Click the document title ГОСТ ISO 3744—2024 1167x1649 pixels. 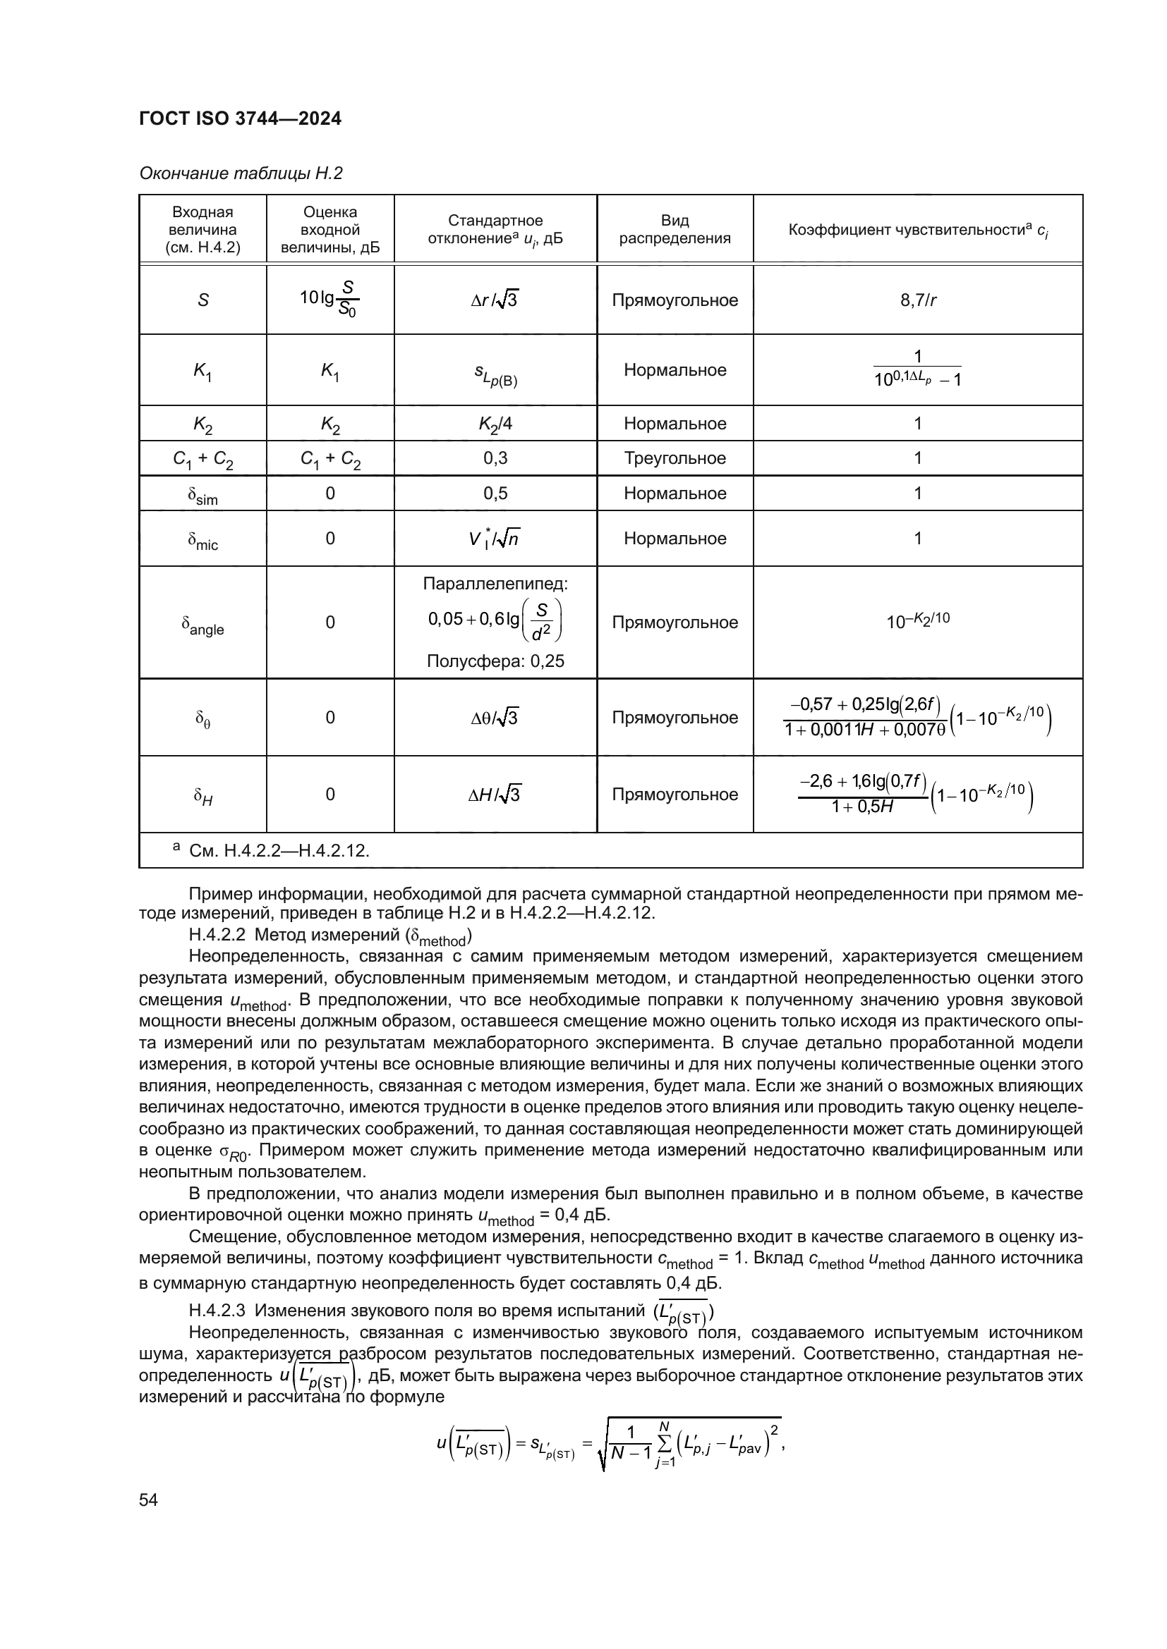pos(240,118)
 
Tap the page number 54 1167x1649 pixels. pos(148,1500)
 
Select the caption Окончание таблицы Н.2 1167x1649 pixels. pos(241,173)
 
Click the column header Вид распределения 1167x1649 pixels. pos(674,229)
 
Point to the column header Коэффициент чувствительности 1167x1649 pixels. pos(918,230)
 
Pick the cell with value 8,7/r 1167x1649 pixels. pos(918,300)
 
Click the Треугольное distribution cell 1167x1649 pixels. pos(674,458)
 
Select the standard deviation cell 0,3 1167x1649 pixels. pos(495,458)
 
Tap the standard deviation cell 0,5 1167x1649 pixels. pos(495,494)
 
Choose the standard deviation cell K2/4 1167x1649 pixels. pos(495,424)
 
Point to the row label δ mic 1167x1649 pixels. pos(202,539)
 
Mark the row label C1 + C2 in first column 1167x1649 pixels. pos(202,459)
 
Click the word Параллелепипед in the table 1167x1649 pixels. pos(495,583)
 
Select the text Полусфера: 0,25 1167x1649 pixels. pos(495,661)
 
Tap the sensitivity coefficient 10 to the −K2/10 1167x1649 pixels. pos(918,620)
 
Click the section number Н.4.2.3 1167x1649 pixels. pos(217,1311)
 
